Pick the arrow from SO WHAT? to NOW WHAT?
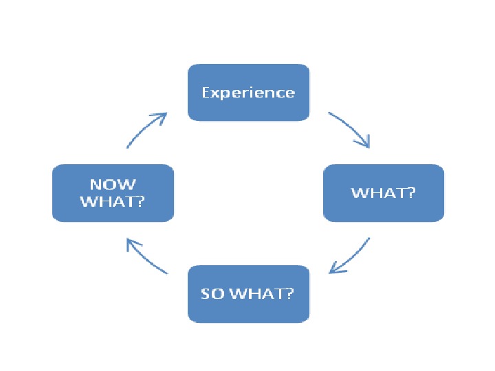click(x=146, y=256)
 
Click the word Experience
click(x=248, y=93)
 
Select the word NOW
click(x=113, y=184)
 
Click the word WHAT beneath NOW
click(x=109, y=201)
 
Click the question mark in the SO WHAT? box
click(x=290, y=294)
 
